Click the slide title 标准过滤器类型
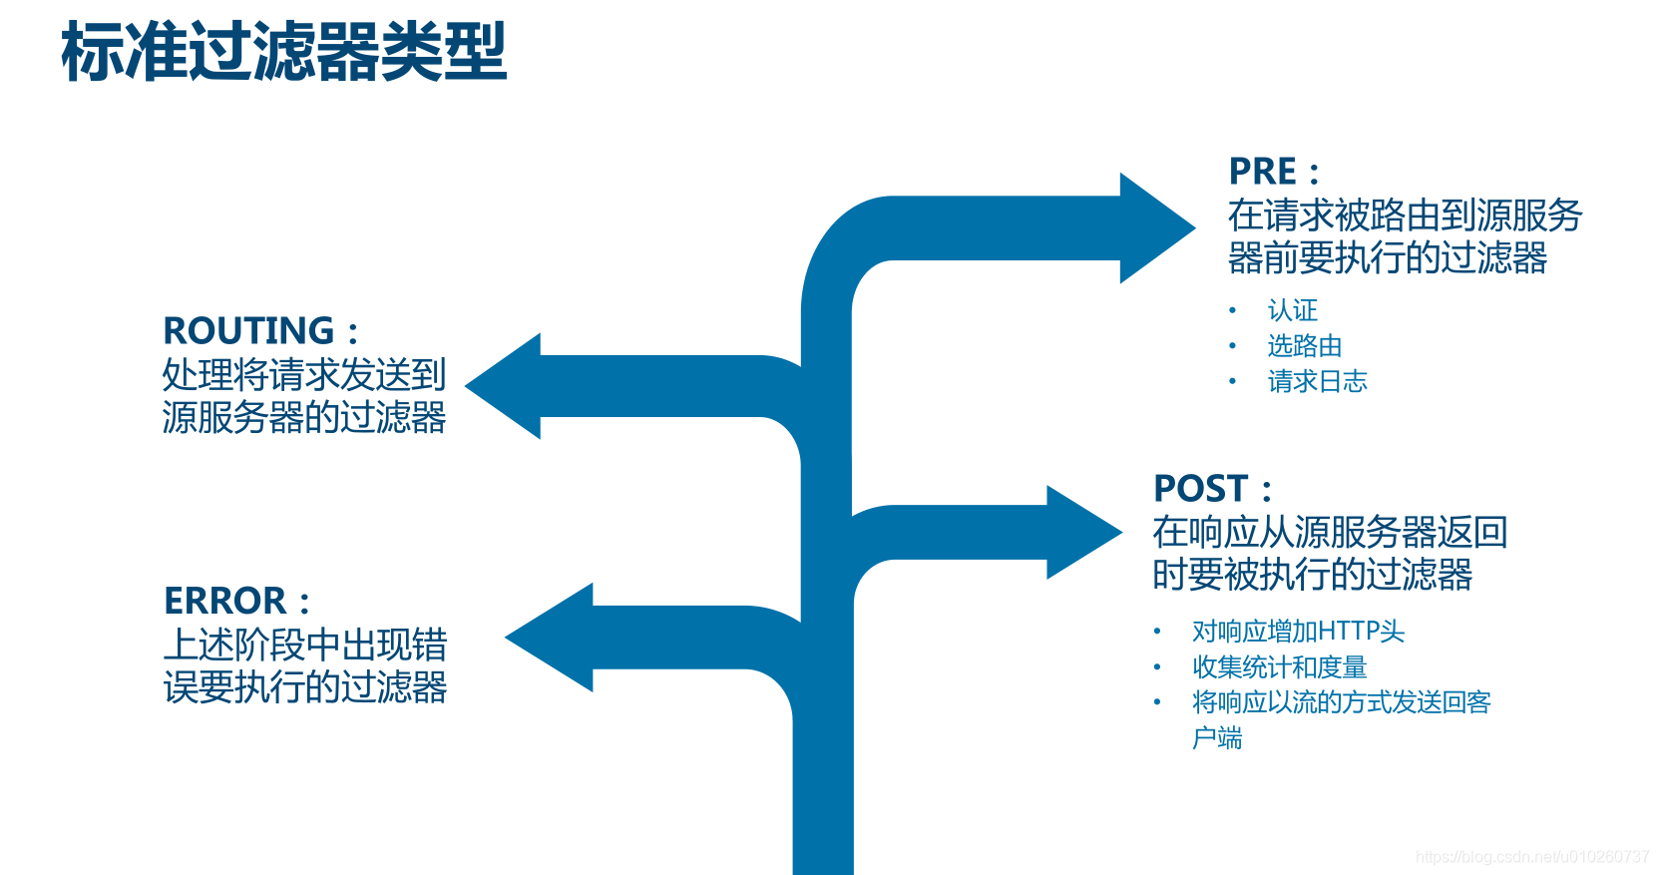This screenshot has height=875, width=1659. tap(284, 52)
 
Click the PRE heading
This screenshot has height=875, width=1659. tap(1263, 172)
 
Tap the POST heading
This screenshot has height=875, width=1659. tap(1201, 489)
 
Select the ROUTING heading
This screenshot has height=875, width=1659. tap(248, 330)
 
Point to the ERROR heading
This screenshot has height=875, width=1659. tap(225, 601)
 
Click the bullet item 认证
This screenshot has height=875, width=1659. tap(1293, 310)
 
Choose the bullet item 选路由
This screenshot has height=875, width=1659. tap(1305, 346)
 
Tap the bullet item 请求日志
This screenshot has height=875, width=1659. tap(1317, 381)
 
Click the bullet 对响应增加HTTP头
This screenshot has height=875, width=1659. tap(1298, 632)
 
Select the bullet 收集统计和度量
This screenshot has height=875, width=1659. tap(1280, 667)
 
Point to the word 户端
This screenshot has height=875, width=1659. tap(1217, 738)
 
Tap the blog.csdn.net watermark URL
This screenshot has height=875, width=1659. tap(1532, 857)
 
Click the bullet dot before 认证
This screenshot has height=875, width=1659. tap(1233, 311)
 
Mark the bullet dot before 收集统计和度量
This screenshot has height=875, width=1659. tap(1157, 667)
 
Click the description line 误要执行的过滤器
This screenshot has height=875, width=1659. tap(305, 687)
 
